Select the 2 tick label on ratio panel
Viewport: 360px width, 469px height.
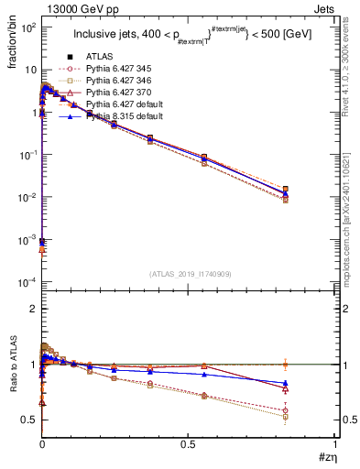[x=32, y=309]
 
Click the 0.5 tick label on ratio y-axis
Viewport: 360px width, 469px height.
[x=27, y=420]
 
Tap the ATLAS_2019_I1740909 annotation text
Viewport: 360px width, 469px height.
[x=189, y=274]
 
